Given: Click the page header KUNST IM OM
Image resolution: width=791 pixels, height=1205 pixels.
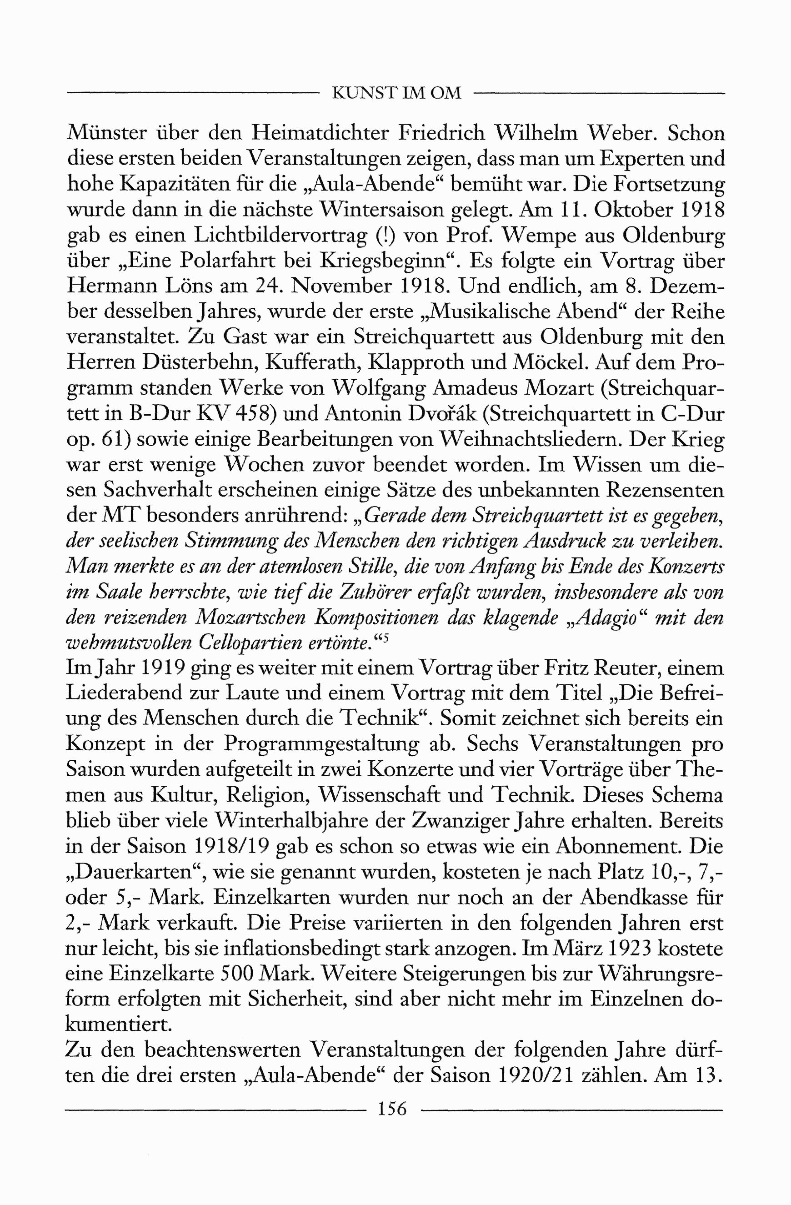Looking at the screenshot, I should point(396,93).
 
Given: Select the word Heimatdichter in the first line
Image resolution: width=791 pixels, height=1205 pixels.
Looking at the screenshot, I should point(319,133).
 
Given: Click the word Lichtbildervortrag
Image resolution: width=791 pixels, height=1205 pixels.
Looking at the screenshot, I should point(281,236).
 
